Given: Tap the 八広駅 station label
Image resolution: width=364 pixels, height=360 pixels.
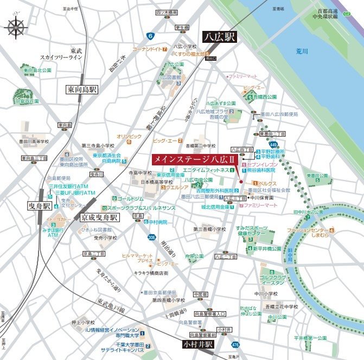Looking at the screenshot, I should tap(220, 37).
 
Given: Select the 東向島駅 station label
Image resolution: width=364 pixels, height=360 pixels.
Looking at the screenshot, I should tap(82, 89).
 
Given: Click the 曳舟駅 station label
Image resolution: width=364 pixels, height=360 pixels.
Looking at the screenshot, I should tap(40, 206).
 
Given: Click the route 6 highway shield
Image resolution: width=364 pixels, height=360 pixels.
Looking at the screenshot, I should tap(150, 36).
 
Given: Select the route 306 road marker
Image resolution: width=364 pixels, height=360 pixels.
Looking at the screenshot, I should tap(152, 236).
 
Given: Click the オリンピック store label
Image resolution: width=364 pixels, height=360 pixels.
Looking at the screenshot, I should tap(129, 137).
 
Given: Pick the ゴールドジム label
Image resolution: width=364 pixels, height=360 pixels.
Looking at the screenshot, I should tap(131, 199).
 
